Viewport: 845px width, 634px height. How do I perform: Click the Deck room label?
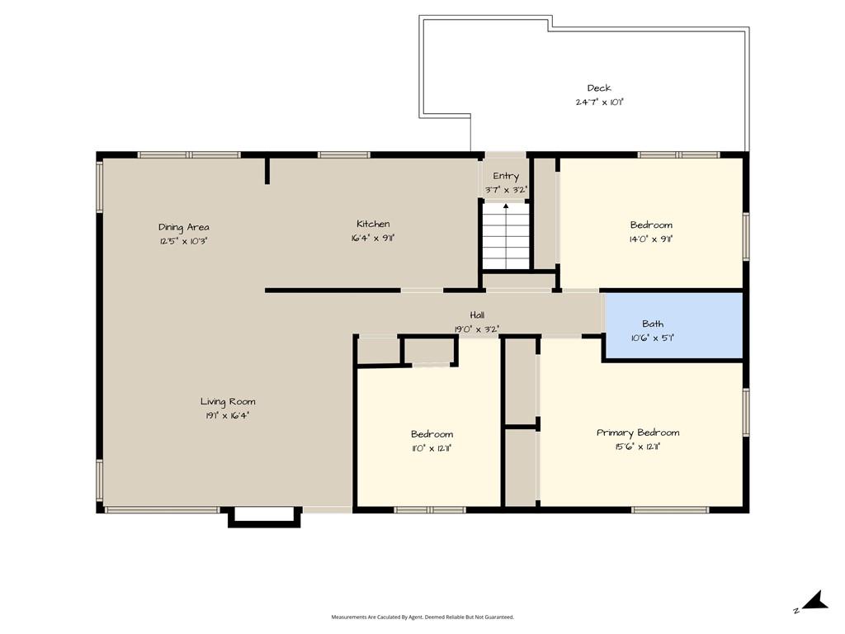tap(599, 88)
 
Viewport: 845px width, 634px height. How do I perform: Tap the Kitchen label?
tap(373, 224)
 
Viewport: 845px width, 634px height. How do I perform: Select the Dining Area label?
tap(184, 228)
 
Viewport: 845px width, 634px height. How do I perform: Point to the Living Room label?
tap(228, 402)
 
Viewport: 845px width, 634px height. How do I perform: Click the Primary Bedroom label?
tap(638, 433)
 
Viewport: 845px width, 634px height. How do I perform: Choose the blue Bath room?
tap(673, 325)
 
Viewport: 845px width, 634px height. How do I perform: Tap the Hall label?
tap(477, 315)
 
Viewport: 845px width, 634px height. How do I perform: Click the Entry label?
tap(506, 177)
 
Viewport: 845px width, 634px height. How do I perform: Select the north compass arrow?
tap(816, 601)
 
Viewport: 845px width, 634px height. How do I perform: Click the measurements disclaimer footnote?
tap(422, 617)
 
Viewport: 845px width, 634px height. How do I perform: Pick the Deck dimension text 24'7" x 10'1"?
tap(599, 102)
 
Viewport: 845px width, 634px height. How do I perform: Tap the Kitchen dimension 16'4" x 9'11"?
tap(373, 238)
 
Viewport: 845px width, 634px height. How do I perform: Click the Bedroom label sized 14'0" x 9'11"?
tap(651, 225)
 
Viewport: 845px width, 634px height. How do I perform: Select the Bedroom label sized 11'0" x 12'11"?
tap(432, 434)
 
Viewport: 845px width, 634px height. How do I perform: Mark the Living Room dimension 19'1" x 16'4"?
tap(228, 416)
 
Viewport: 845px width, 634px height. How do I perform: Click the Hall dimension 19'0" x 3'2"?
tap(477, 329)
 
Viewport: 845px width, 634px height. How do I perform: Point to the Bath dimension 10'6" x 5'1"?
tap(653, 338)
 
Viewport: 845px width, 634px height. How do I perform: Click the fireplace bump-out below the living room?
tap(264, 517)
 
